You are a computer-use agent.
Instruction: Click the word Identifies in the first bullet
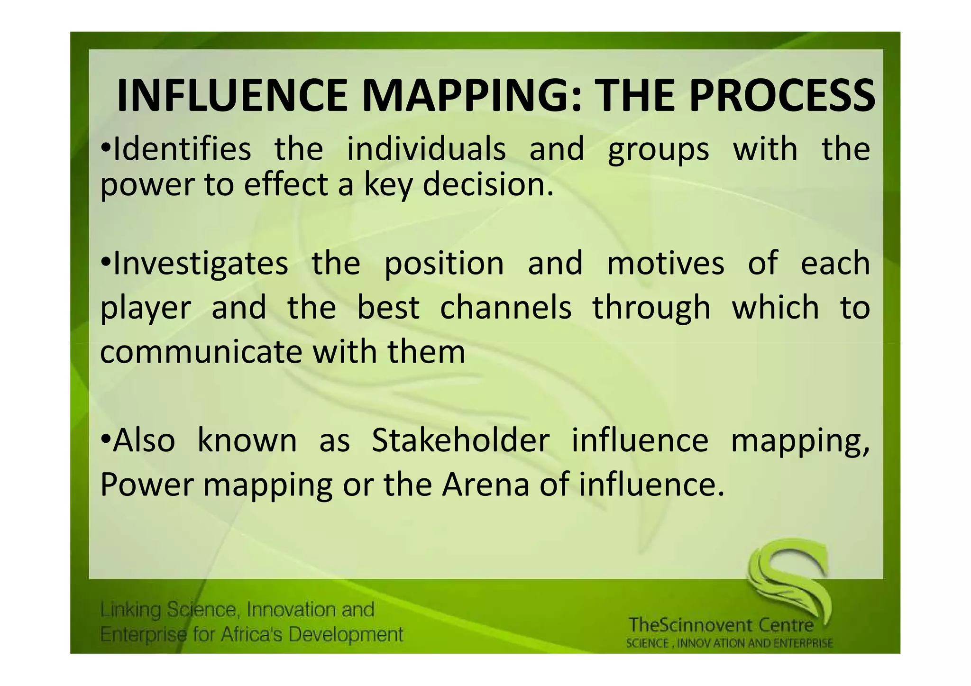coord(182,149)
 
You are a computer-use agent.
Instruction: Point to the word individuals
coord(426,149)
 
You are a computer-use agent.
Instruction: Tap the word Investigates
coord(200,264)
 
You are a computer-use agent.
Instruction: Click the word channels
coord(506,308)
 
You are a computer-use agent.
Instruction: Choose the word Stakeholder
coord(460,440)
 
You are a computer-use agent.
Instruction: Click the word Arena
coord(485,485)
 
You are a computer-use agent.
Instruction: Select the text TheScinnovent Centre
coord(721,625)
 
